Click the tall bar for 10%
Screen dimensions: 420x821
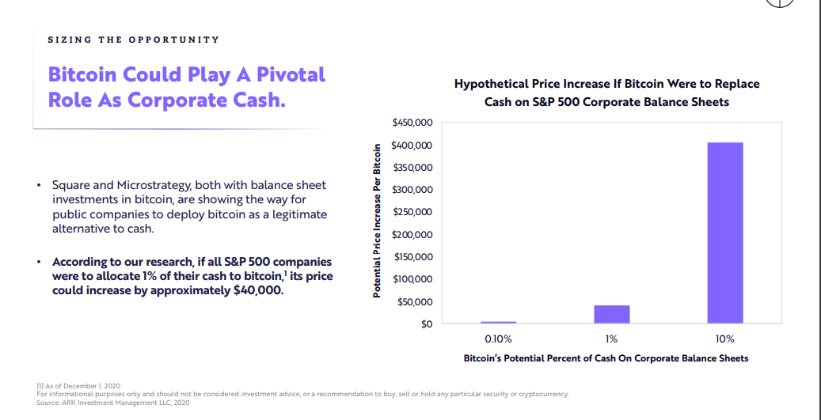point(725,233)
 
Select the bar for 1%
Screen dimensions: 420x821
point(612,314)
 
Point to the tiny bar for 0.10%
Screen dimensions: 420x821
point(498,322)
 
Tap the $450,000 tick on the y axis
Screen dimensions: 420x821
point(412,123)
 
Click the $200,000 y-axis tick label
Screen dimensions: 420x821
point(412,235)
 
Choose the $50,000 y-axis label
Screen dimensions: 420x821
point(415,302)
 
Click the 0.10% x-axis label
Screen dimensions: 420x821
point(498,339)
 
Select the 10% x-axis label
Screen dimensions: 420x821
point(724,339)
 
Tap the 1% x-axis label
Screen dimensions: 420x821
point(611,339)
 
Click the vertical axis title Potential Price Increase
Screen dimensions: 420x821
point(378,221)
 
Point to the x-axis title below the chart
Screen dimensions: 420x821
point(606,358)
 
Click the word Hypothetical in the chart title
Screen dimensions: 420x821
point(492,84)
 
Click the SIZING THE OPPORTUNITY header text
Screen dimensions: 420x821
point(133,40)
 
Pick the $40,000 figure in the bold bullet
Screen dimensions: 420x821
point(257,290)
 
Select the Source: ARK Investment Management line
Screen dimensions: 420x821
point(112,403)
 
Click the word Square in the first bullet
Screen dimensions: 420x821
point(71,185)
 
